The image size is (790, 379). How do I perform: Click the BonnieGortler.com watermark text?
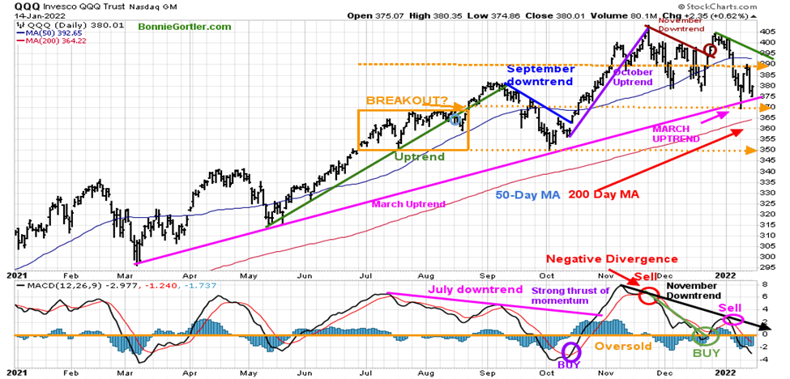pyautogui.click(x=185, y=27)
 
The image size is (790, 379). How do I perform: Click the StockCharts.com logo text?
pyautogui.click(x=742, y=6)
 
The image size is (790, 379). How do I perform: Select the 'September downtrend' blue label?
pyautogui.click(x=540, y=75)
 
